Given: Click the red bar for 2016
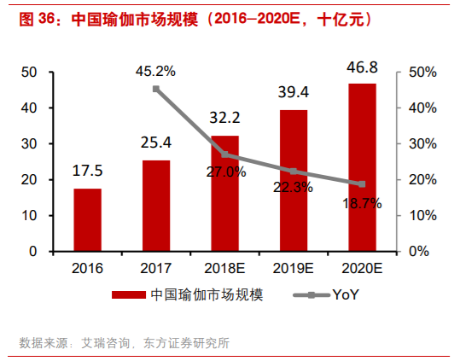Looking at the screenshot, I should tap(87, 219).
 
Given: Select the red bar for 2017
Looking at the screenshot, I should tap(156, 206).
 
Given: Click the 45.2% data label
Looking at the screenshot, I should tap(155, 71).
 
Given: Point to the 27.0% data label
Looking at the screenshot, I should tap(224, 171).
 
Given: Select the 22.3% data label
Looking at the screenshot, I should tap(294, 188).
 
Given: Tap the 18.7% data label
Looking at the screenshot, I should tap(361, 202).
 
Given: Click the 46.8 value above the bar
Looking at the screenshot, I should tap(362, 66).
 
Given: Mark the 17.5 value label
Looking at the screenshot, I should tap(87, 171).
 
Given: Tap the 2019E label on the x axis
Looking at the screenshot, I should tap(294, 267).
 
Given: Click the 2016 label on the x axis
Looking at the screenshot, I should tap(87, 267).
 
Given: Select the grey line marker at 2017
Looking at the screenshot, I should tap(156, 89).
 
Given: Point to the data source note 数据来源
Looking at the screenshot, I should tap(124, 343).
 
